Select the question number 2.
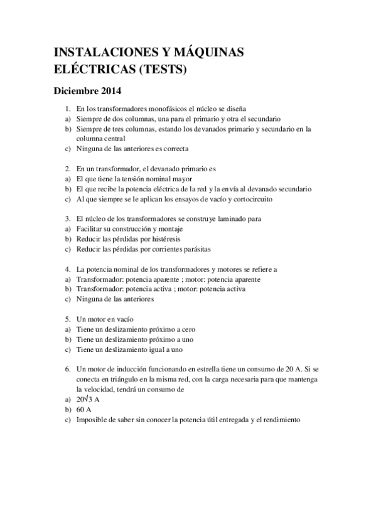pyautogui.click(x=67, y=169)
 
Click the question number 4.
pyautogui.click(x=67, y=269)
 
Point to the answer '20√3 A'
pyautogui.click(x=89, y=400)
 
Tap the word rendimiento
pyautogui.click(x=280, y=419)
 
